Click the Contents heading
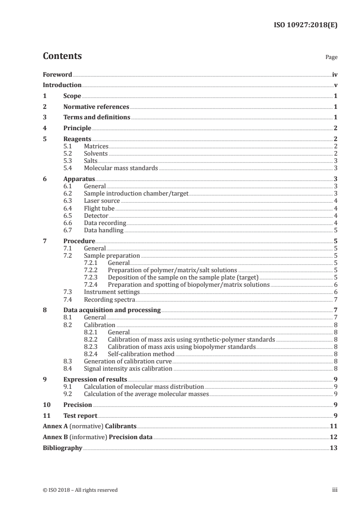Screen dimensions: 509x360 [62, 57]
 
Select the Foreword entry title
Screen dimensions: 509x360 [57, 74]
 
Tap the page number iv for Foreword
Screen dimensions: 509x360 [335, 74]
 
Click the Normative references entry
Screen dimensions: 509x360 [96, 107]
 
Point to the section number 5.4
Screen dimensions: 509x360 [69, 168]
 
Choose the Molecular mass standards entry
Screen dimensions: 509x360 [121, 168]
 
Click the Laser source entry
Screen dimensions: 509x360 [102, 201]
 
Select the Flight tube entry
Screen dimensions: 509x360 [99, 208]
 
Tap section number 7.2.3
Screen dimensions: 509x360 [93, 277]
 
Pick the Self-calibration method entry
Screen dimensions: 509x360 [141, 354]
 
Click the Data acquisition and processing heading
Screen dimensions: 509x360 [112, 310]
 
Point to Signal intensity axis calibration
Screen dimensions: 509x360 [128, 368]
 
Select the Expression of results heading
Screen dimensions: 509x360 [95, 379]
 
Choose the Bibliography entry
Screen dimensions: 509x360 [62, 448]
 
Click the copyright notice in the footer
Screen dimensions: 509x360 [80, 489]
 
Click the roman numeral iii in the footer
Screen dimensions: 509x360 [335, 489]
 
